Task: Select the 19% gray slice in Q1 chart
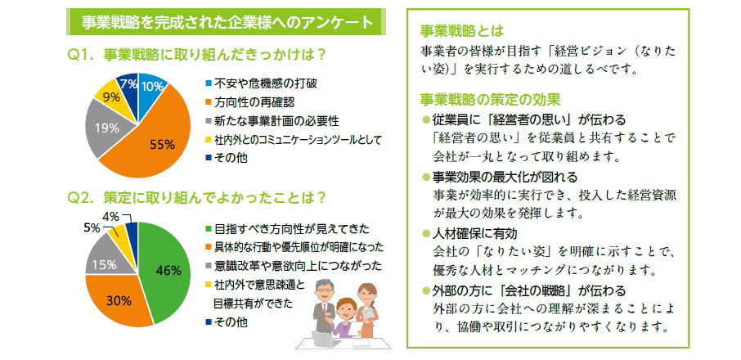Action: point(105,128)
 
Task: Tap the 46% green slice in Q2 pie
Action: point(165,269)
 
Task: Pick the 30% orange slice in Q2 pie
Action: point(118,300)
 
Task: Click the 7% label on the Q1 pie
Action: point(128,85)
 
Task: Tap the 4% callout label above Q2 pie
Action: point(110,217)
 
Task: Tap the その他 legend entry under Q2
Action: point(227,322)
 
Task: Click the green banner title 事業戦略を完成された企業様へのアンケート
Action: point(227,23)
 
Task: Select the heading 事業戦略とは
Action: point(462,31)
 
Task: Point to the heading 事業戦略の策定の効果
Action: point(490,100)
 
